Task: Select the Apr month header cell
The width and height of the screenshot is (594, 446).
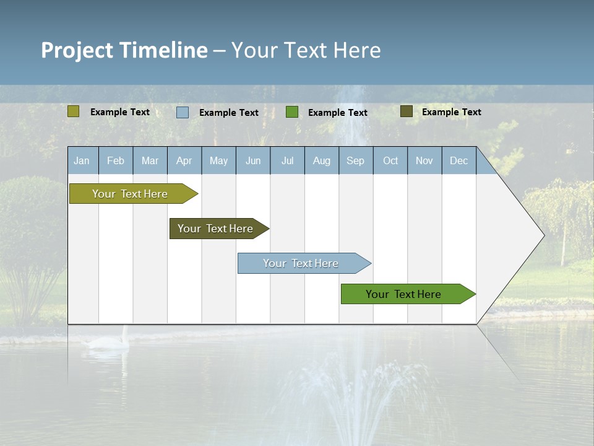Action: (184, 160)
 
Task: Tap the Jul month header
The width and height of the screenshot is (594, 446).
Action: (287, 160)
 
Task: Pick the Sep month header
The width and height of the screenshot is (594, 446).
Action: (356, 160)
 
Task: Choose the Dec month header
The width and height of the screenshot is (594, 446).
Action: (459, 160)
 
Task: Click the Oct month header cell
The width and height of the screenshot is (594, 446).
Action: (390, 160)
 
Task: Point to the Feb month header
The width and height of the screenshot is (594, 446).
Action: (116, 160)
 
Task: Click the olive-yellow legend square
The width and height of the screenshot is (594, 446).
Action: (74, 111)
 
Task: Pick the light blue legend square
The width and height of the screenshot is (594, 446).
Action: (183, 112)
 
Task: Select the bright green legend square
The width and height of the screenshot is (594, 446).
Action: (292, 112)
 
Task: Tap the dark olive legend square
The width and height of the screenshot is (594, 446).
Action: (407, 111)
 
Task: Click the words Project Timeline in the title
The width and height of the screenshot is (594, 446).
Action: (124, 50)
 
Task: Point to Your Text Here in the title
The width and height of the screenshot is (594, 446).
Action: (306, 50)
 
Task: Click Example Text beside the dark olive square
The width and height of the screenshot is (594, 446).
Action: (451, 112)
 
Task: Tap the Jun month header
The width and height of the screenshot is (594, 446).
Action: (253, 160)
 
